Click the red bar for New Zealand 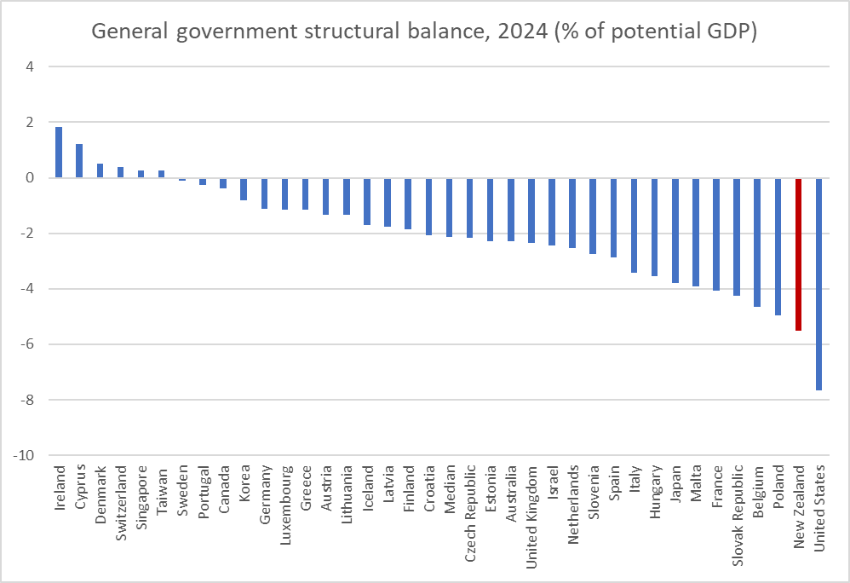coord(798,254)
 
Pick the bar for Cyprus coord(79,161)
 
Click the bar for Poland coord(778,246)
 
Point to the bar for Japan coord(675,230)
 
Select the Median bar coord(449,207)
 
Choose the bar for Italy coord(634,225)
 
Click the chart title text coord(424,32)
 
